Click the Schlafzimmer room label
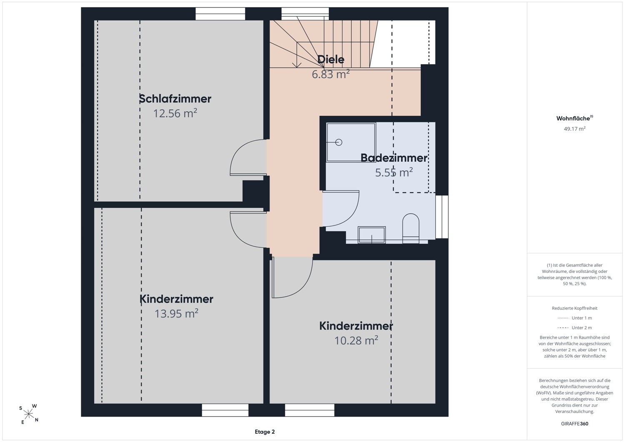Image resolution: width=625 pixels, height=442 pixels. [x=175, y=98]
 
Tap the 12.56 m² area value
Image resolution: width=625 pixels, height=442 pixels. [x=175, y=113]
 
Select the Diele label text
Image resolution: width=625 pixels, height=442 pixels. [x=331, y=59]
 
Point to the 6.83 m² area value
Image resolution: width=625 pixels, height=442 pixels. [x=331, y=74]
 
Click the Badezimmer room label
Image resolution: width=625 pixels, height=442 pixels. [x=394, y=157]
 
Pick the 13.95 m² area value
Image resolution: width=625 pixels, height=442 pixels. [x=176, y=313]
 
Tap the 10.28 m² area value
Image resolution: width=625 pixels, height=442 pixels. [x=356, y=340]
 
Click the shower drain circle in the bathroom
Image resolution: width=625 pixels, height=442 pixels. [x=339, y=142]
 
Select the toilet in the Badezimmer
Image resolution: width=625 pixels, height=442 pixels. [x=411, y=228]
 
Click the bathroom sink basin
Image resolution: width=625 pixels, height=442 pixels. [x=372, y=235]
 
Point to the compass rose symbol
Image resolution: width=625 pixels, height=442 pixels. [x=29, y=414]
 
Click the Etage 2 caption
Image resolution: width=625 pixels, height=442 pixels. [x=265, y=432]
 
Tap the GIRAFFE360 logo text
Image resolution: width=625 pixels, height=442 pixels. [x=575, y=424]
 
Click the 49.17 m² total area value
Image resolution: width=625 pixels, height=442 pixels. [x=575, y=129]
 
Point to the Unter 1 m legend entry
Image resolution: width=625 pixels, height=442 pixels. [x=575, y=318]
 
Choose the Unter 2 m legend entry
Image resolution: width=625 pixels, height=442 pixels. [x=575, y=327]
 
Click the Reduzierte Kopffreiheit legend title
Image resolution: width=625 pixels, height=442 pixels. [x=575, y=308]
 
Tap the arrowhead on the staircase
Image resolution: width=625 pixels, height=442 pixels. [x=297, y=65]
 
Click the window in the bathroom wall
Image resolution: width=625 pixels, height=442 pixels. [x=442, y=217]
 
